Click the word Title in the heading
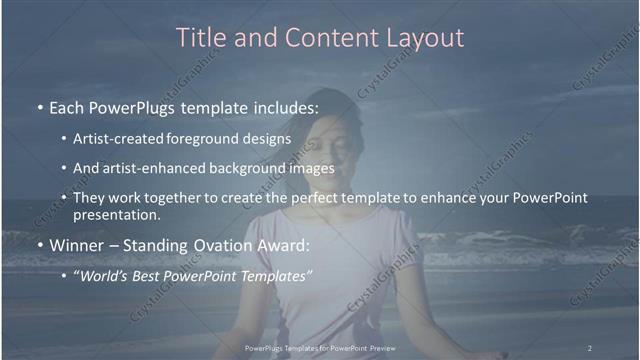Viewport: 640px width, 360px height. tap(200, 38)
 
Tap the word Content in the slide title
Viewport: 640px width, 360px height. tap(325, 38)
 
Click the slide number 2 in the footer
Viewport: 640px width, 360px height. tap(590, 347)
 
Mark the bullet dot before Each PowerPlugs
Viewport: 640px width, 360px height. tap(38, 106)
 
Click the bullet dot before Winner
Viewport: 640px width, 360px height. tap(38, 246)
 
